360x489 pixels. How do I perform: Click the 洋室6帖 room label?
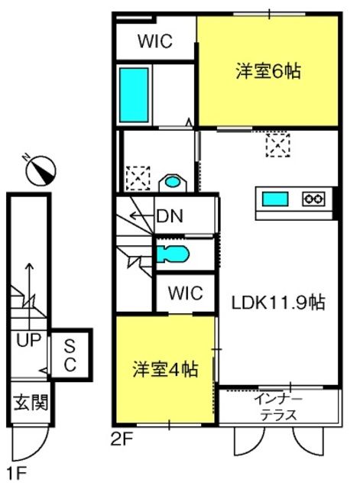tap(268, 71)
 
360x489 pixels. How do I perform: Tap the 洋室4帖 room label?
tap(165, 370)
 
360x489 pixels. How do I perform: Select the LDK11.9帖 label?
tap(278, 303)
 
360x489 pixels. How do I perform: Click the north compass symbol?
tap(40, 170)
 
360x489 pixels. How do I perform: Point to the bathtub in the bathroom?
tap(134, 95)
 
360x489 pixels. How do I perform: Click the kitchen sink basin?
tap(275, 199)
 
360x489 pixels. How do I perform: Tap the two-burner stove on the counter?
tap(313, 199)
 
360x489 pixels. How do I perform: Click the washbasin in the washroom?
tap(173, 182)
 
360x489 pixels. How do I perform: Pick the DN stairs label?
tap(170, 215)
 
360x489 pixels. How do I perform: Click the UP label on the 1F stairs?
tap(29, 340)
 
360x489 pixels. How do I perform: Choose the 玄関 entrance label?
tap(31, 402)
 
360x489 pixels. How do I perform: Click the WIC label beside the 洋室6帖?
tap(155, 40)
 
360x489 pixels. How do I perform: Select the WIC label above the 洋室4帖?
tap(186, 293)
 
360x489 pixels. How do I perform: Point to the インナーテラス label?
tap(278, 407)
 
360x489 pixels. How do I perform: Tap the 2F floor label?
tap(122, 440)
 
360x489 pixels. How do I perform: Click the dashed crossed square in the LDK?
tap(278, 144)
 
